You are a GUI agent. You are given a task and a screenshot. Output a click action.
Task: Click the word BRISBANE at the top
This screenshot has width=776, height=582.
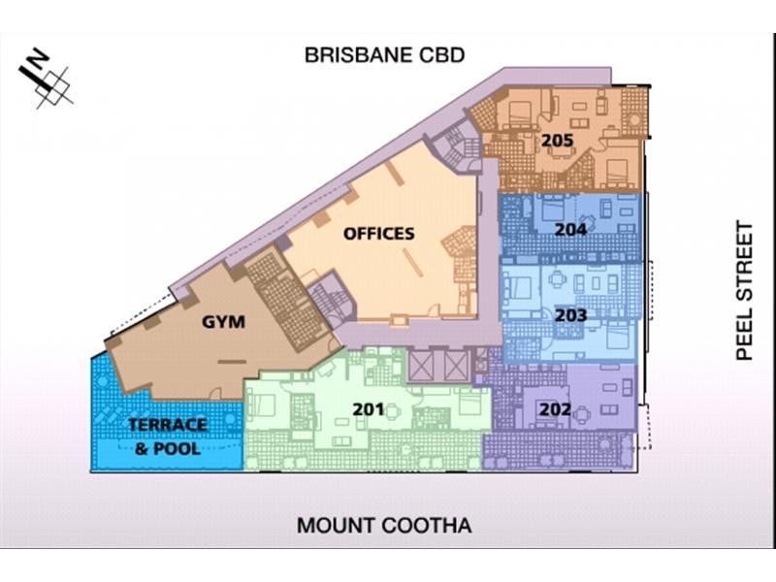point(352,54)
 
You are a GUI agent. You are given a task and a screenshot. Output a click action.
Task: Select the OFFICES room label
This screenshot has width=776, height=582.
point(378,233)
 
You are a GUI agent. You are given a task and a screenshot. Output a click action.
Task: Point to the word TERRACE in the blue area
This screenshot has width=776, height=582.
point(167,426)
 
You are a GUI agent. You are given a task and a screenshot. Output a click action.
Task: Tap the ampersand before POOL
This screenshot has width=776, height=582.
point(141,448)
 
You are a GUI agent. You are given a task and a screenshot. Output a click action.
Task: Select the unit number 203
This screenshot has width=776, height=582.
point(571,315)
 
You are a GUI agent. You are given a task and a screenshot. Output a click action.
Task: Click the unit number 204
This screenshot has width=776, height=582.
point(570,230)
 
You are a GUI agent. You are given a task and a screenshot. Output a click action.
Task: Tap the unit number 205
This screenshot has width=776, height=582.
point(557,141)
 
